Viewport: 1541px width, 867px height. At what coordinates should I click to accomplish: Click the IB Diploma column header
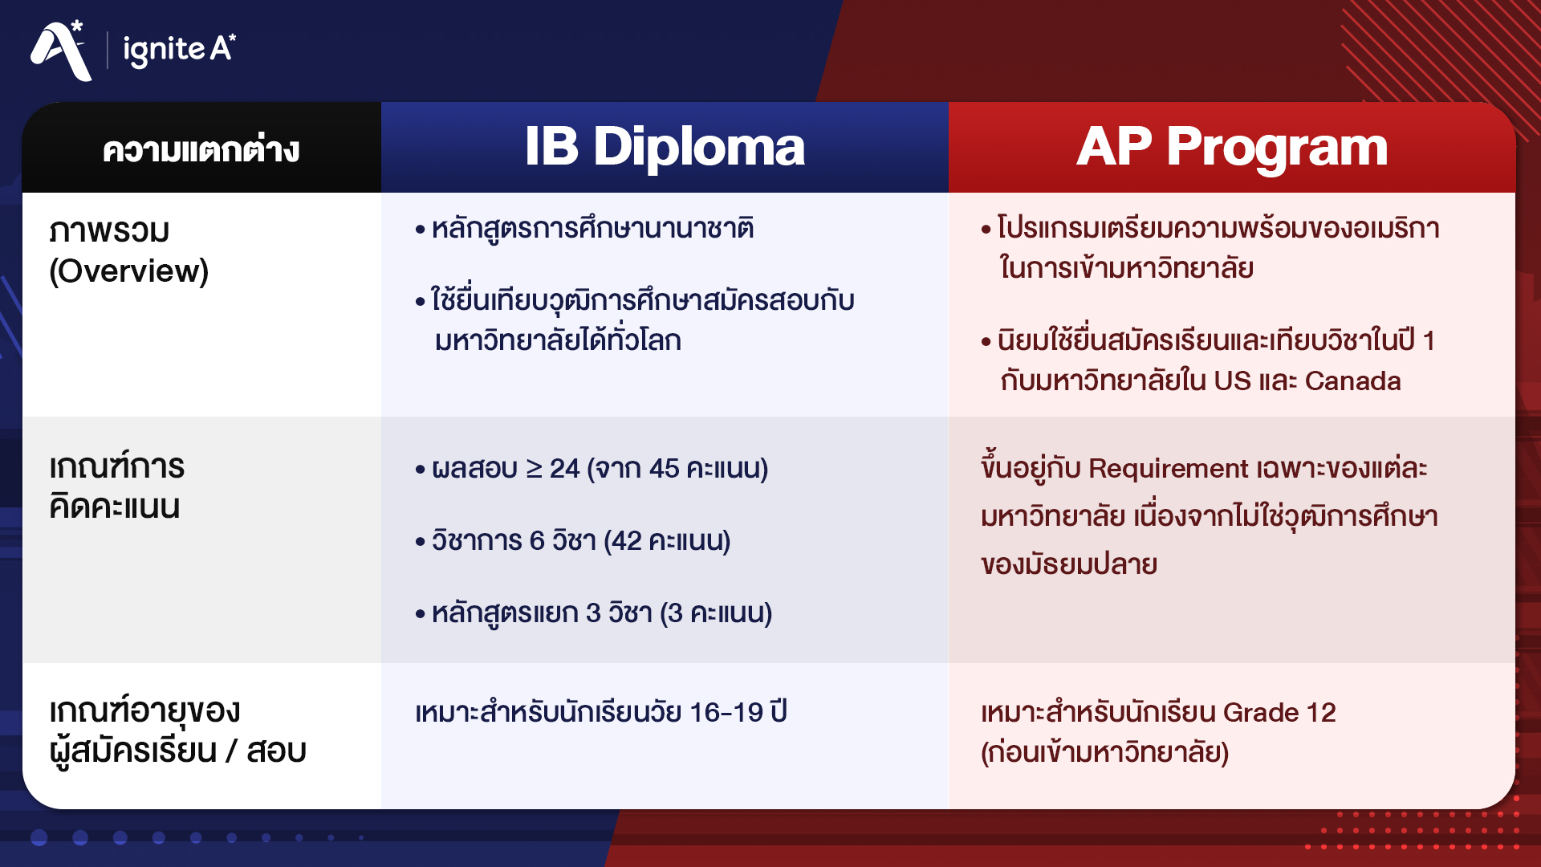point(665,148)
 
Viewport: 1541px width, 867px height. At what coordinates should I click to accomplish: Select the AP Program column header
point(1231,148)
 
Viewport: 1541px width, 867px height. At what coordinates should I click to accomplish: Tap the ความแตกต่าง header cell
point(201,150)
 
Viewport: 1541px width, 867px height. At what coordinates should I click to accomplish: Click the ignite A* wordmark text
point(179,50)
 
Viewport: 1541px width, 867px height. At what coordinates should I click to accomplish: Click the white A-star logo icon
point(60,51)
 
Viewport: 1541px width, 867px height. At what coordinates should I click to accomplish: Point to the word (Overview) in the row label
point(128,271)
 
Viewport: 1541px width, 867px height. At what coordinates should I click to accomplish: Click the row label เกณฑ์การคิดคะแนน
point(116,486)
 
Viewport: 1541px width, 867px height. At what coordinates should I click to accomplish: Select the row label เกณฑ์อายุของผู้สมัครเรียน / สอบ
point(177,731)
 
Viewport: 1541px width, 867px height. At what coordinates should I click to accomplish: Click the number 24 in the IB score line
point(564,468)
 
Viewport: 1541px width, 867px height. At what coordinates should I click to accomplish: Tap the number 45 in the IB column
point(664,468)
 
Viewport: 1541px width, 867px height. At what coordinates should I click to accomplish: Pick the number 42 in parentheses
point(626,541)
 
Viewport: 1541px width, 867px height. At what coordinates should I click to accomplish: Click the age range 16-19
point(726,712)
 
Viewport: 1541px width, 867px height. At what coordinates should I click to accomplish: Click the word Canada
point(1352,381)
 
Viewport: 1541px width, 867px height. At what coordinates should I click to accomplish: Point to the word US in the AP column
point(1232,381)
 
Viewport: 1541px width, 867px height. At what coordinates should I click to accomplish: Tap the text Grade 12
point(1279,712)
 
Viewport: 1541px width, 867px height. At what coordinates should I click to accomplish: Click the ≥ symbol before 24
point(534,468)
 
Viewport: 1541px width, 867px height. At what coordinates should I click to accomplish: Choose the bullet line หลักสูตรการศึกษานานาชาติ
point(592,229)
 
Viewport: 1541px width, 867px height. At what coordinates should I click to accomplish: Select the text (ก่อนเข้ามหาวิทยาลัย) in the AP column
point(1104,752)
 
